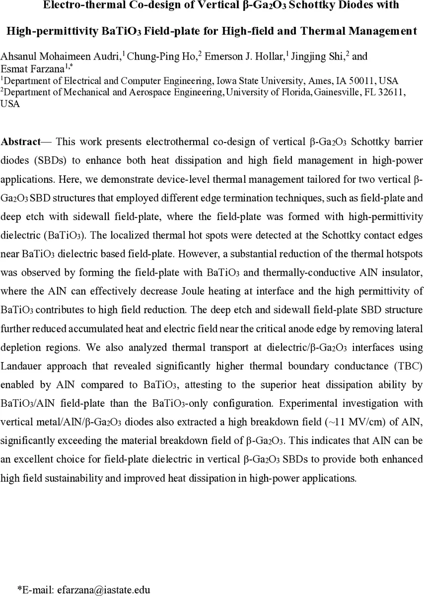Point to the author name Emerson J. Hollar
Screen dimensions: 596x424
click(238, 57)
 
